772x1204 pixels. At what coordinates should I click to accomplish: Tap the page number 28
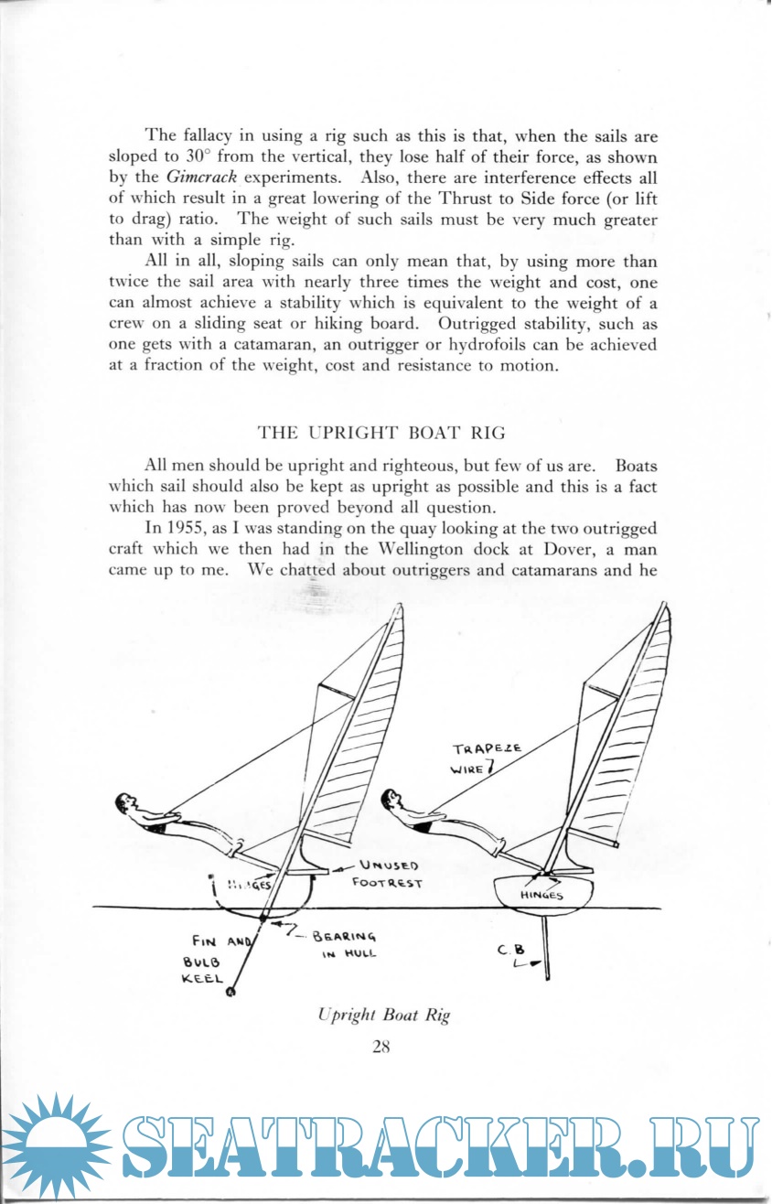[381, 1048]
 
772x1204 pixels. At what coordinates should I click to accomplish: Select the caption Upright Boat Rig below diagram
[384, 1015]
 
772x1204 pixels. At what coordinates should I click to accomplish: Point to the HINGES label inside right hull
[541, 896]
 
